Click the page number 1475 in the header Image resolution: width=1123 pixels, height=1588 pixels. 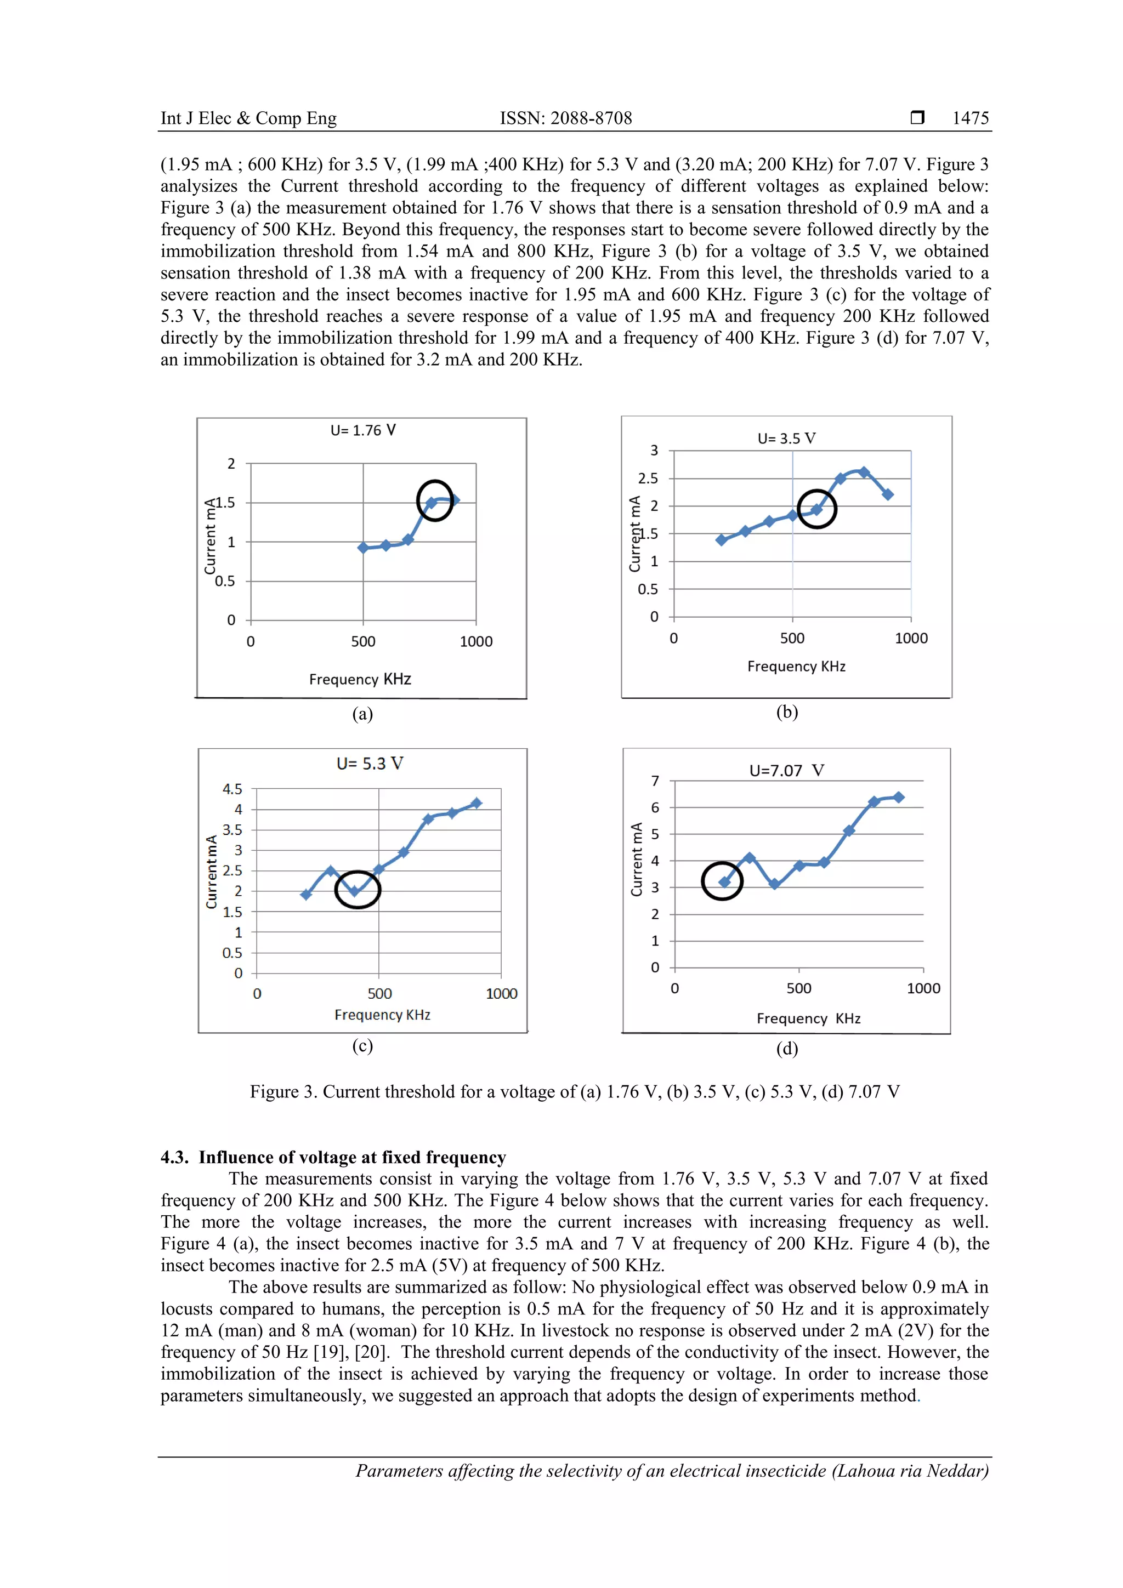pos(970,118)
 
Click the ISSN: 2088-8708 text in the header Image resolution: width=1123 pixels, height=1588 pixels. pos(565,118)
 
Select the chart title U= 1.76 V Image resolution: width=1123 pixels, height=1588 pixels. pos(362,430)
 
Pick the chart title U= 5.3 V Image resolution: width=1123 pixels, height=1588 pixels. pos(370,764)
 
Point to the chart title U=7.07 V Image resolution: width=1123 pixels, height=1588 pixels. pos(787,771)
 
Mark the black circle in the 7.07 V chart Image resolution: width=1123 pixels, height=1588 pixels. pos(722,881)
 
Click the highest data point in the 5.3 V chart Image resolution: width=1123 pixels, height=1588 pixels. pos(476,803)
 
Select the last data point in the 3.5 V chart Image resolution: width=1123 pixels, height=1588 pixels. pos(888,494)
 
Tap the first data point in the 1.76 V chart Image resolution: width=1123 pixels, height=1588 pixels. pos(363,548)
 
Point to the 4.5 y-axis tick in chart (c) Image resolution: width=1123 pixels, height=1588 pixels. pos(232,789)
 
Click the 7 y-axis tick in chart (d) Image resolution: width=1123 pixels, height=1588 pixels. pos(655,781)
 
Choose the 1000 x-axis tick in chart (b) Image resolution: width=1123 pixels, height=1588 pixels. pos(911,639)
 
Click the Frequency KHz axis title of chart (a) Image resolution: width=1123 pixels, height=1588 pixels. pos(360,679)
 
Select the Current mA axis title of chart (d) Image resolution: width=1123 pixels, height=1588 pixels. pos(637,859)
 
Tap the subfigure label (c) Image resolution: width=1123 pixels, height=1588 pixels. pos(362,1045)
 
